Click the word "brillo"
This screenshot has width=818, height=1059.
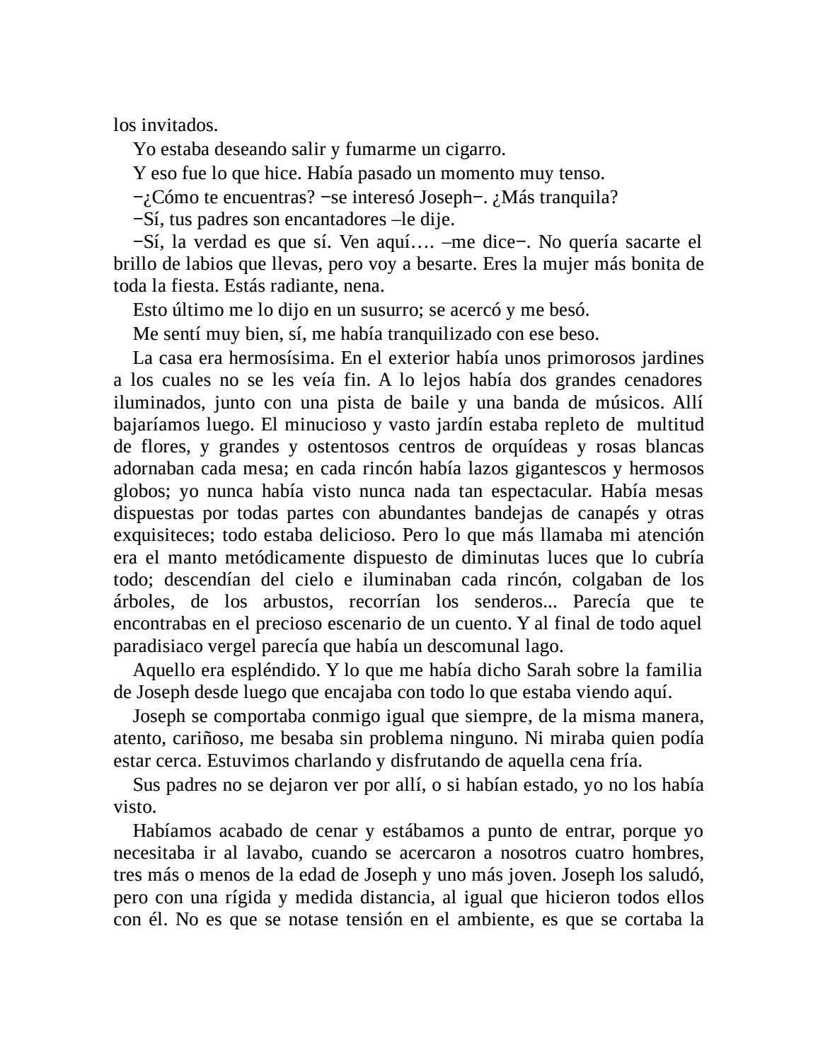coord(134,264)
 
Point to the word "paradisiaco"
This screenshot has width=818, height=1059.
coord(157,646)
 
